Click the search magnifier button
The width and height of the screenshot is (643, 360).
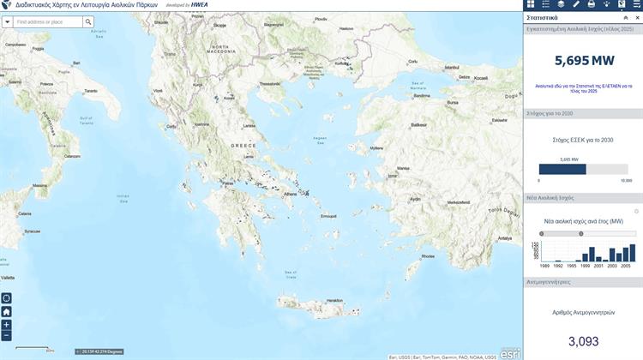tap(88, 21)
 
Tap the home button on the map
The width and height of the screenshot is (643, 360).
tap(7, 312)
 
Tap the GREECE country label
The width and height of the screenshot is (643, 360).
tap(243, 146)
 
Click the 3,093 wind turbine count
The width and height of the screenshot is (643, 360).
tap(583, 341)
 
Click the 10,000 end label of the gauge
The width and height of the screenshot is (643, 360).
tap(626, 181)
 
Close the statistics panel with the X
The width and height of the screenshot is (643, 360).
tap(637, 17)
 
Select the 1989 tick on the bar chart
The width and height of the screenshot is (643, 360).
tap(544, 267)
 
